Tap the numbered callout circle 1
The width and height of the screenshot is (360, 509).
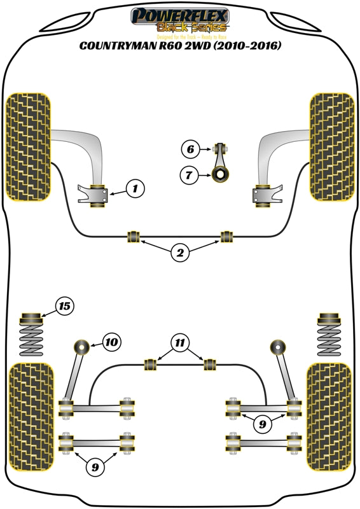[135, 188]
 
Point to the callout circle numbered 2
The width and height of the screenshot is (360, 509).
[180, 254]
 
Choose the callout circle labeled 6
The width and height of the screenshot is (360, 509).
[189, 150]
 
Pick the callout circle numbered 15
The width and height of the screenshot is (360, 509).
[64, 307]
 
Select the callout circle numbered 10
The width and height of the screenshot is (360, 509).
[111, 342]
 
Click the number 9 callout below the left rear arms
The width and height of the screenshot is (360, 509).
[95, 468]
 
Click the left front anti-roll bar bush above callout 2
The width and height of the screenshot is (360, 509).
[134, 237]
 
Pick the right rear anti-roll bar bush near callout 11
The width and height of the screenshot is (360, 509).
[209, 364]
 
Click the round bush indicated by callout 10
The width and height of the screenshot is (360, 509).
[81, 347]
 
